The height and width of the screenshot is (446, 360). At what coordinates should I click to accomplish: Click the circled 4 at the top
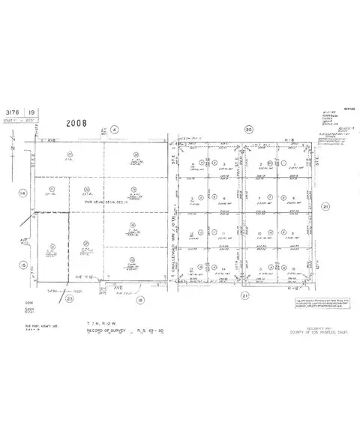[x=114, y=130]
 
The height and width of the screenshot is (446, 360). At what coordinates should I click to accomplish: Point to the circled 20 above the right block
[x=247, y=130]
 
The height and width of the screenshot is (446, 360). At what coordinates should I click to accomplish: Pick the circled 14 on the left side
[x=22, y=193]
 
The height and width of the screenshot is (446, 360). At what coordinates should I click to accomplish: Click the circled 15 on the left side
[x=22, y=265]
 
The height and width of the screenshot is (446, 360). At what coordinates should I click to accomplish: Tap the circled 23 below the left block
[x=69, y=298]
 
